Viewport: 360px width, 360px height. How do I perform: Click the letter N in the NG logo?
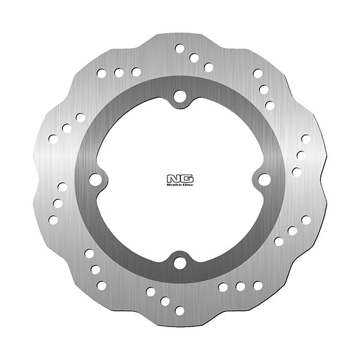point(173,178)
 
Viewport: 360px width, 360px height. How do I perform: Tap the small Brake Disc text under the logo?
point(179,185)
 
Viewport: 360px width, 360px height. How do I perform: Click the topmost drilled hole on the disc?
point(179,47)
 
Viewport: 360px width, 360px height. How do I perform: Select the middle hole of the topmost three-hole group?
point(194,58)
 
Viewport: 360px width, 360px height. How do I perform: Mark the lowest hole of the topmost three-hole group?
point(209,67)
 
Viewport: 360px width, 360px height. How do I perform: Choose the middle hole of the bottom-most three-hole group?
point(164,300)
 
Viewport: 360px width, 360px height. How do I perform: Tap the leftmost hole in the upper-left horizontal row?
point(101,73)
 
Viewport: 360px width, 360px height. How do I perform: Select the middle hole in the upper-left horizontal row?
point(119,73)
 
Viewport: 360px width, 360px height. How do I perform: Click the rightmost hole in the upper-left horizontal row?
point(136,72)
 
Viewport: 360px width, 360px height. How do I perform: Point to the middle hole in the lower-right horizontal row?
point(240,286)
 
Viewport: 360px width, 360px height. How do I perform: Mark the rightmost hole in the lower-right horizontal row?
point(257,286)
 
